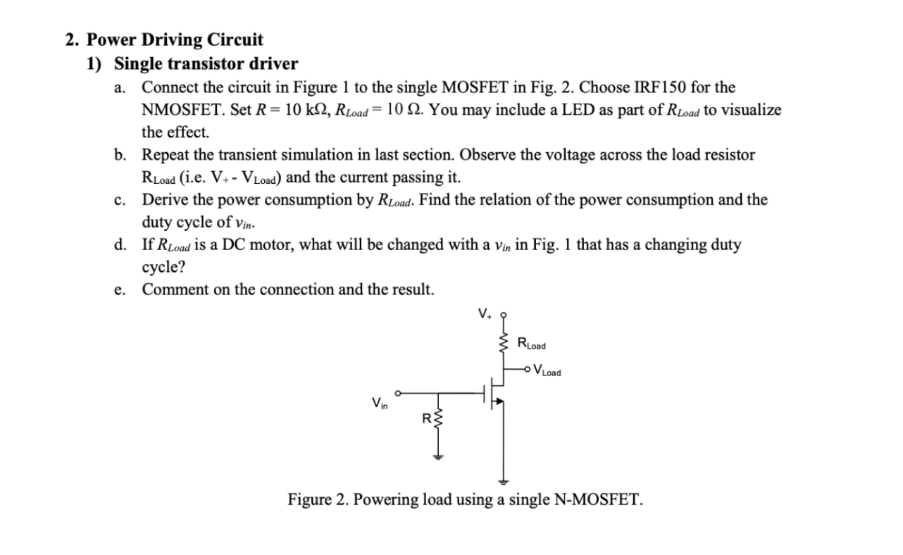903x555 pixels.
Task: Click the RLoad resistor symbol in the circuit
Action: pyautogui.click(x=503, y=344)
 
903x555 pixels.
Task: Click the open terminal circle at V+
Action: pyautogui.click(x=503, y=316)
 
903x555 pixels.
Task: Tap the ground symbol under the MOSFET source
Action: pyautogui.click(x=503, y=482)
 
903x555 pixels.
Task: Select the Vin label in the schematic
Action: pyautogui.click(x=379, y=404)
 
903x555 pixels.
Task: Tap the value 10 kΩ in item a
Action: pyautogui.click(x=302, y=111)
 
